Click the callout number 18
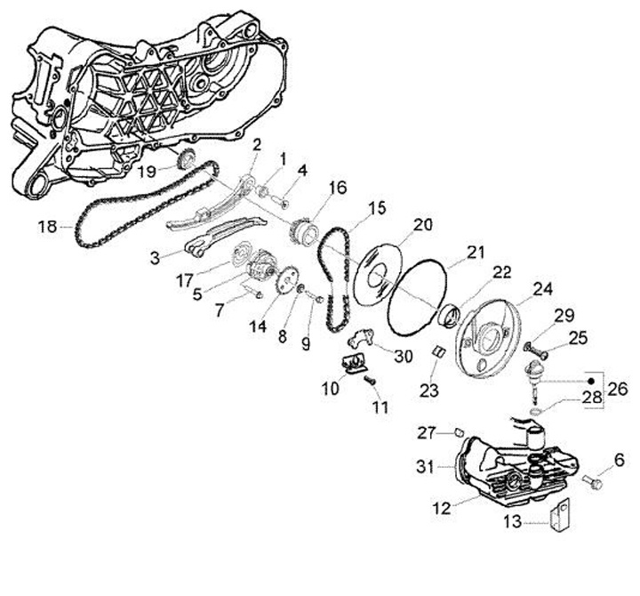click(x=47, y=228)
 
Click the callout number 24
click(x=543, y=289)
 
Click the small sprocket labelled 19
click(x=186, y=160)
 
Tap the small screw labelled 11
click(x=371, y=380)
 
